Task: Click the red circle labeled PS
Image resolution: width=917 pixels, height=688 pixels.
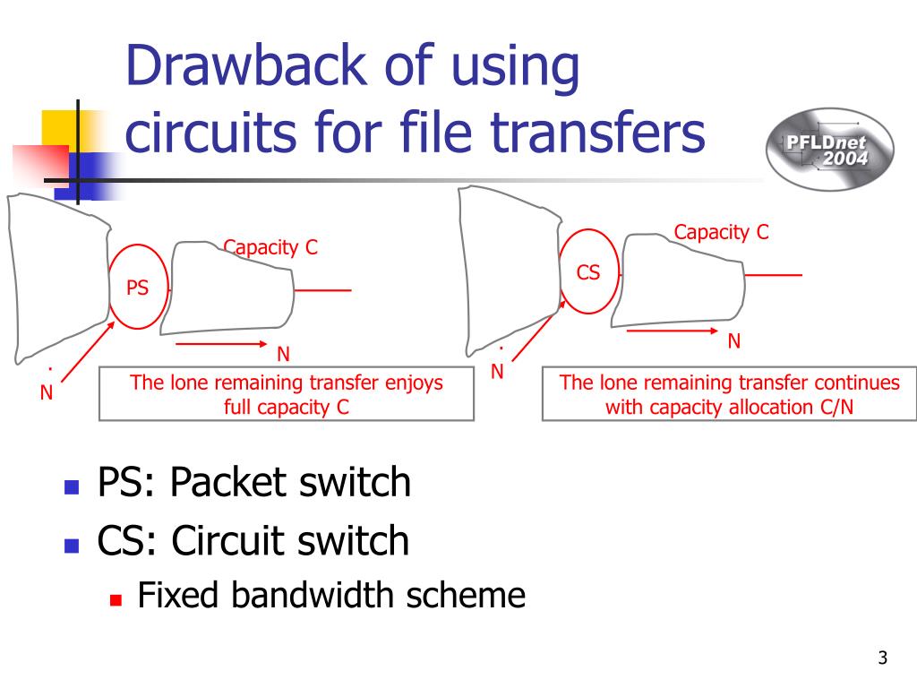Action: click(138, 287)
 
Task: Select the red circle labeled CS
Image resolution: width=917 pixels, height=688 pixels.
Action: click(588, 271)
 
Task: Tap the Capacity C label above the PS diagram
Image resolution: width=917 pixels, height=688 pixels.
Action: click(270, 247)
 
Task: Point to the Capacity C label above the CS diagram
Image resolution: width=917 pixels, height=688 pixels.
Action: click(721, 233)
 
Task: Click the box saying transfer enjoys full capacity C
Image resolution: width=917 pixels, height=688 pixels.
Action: click(286, 394)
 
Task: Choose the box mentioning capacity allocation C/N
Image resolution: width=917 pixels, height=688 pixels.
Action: click(729, 394)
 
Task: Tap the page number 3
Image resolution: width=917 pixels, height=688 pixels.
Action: click(882, 659)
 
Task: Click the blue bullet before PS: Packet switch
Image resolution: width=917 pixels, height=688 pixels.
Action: click(73, 488)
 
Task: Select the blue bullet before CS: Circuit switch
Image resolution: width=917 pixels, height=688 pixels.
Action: click(73, 545)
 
